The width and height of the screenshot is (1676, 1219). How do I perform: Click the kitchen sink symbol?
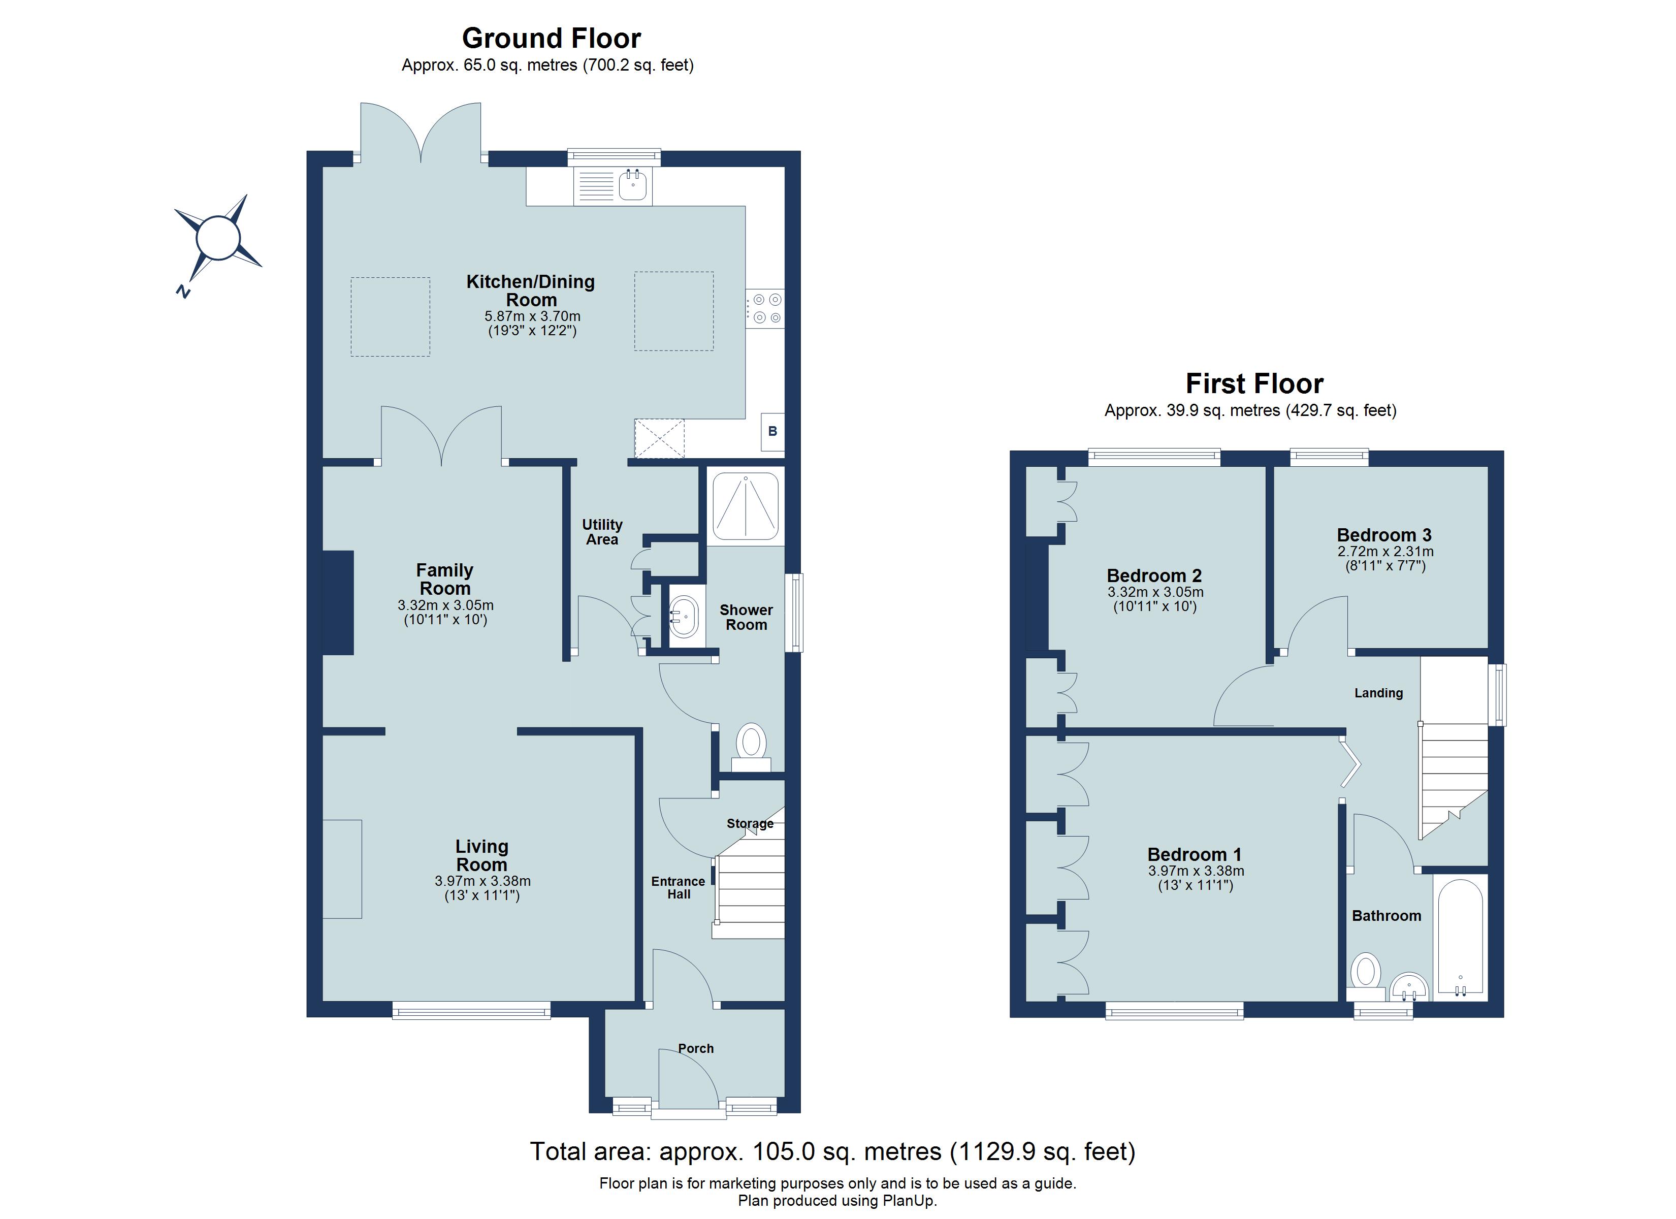613,185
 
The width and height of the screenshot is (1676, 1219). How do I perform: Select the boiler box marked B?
772,431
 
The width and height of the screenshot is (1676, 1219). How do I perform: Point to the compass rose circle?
218,238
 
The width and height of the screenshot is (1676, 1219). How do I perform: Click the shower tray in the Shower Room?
745,506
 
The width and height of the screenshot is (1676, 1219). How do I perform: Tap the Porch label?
696,1048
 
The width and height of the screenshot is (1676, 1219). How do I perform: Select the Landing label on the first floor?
1378,693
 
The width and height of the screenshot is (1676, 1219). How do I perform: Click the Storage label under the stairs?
750,823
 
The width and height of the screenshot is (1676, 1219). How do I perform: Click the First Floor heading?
1254,383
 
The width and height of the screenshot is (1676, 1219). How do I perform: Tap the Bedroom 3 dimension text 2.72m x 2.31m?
1385,552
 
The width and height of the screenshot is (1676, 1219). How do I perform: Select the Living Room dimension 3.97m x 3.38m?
482,881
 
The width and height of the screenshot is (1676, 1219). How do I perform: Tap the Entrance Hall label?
679,888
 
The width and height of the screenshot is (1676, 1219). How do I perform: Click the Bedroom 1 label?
1194,854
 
